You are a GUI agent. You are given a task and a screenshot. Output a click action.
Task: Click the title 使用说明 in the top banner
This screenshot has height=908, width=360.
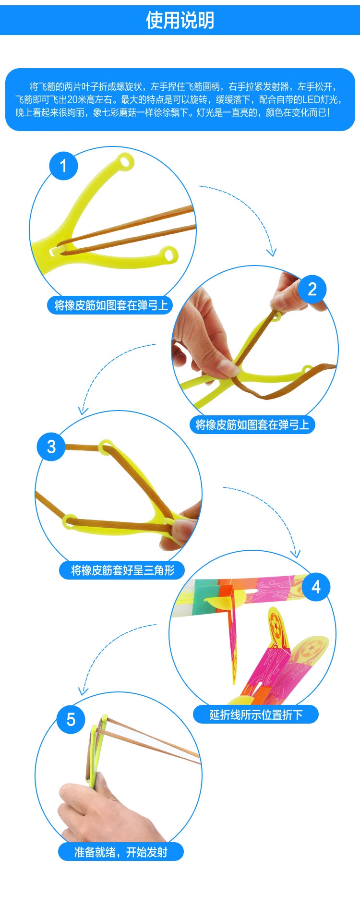point(180,20)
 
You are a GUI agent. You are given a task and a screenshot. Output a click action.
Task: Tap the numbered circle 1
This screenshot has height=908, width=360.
point(63,166)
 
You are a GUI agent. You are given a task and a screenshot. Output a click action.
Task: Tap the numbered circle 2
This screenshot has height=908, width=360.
point(312,289)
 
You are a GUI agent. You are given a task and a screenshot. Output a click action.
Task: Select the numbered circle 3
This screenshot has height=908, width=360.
point(51,447)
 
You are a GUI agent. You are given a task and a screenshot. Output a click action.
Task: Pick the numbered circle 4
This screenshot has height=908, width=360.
point(316,587)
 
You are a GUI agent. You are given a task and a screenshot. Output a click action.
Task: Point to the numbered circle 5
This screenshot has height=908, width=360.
point(71,719)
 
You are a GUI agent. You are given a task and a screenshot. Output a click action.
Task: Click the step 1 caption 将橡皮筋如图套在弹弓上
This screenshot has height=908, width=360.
point(111,305)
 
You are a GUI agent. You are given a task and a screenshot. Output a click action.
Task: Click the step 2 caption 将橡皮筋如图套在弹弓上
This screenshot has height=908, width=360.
point(252,425)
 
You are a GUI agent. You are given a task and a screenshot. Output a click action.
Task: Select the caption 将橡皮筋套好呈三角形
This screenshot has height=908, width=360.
point(122,570)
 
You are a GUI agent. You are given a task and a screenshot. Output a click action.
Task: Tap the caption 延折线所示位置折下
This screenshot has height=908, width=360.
point(256,715)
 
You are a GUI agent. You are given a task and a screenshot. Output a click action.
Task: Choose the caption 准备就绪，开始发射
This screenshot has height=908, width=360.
point(121,852)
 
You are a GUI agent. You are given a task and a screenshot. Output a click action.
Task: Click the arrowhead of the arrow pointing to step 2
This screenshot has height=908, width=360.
point(272,253)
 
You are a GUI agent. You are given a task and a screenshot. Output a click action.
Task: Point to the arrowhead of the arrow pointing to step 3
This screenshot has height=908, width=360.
point(83,411)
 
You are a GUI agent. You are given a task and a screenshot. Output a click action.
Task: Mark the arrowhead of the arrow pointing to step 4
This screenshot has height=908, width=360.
point(296,554)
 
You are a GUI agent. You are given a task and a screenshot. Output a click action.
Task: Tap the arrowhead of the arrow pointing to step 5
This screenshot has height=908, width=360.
point(83,691)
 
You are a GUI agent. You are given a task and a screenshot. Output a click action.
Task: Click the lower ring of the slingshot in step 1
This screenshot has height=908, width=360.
point(169,254)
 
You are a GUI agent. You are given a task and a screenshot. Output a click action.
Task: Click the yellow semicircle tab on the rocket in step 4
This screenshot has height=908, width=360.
point(215,602)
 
